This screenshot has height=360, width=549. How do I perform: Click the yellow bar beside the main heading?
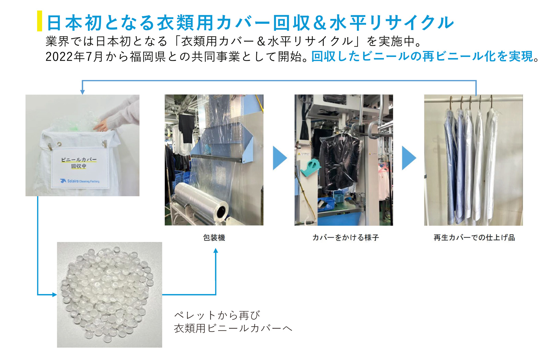coord(39,21)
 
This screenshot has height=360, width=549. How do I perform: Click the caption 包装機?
coord(214,237)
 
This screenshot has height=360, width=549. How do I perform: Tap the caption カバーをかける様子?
coord(346,237)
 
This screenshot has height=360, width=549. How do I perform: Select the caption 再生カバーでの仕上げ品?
coord(474,237)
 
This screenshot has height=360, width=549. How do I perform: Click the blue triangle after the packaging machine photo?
coord(280,158)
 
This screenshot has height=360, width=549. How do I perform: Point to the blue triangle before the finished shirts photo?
coord(409,158)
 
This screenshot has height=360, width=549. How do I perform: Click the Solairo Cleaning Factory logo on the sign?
coord(80,181)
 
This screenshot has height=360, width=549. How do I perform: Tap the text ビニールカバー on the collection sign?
coord(79,160)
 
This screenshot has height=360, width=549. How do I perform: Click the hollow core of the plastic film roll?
coord(222,211)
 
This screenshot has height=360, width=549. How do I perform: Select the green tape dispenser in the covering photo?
coord(311,168)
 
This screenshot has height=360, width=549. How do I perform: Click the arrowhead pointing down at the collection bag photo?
coord(83,92)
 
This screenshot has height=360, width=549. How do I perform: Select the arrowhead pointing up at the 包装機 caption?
coord(216,251)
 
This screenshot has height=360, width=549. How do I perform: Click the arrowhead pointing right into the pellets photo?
coord(55,294)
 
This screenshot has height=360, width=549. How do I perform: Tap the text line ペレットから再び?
coord(217,315)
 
